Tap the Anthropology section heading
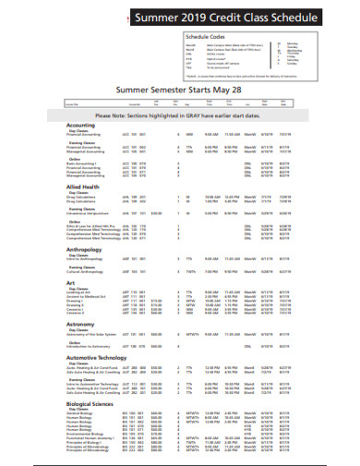click(85, 249)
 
